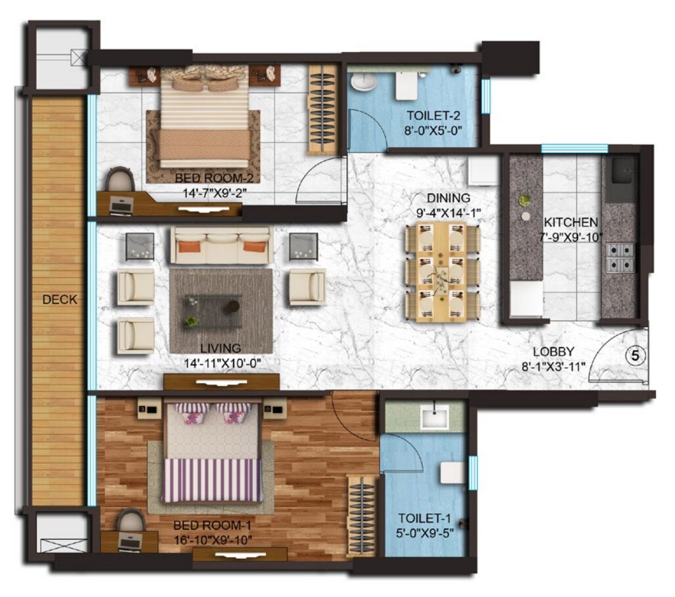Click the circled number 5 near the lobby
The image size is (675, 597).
coord(634,355)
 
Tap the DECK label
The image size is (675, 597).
coord(60,299)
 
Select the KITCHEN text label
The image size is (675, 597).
coord(570,222)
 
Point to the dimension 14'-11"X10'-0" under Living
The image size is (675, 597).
coord(221,362)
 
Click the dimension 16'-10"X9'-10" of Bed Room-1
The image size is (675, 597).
coord(212,540)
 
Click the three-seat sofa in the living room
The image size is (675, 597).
coord(221,246)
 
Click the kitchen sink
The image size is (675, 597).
coord(621,171)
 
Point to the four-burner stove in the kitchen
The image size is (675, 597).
coord(620,257)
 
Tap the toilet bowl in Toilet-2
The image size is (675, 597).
coord(362,82)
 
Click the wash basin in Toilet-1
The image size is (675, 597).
coord(433,416)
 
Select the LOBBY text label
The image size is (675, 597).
coord(554,351)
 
